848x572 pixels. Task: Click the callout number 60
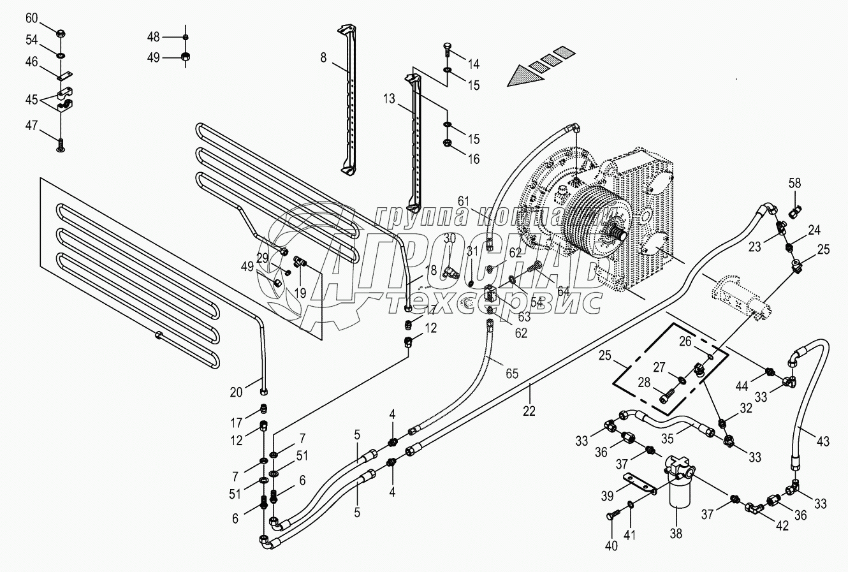point(32,18)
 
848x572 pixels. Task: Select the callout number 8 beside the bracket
point(324,57)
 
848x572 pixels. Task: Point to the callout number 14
point(473,64)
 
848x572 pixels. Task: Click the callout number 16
point(473,159)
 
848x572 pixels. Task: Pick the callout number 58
point(794,184)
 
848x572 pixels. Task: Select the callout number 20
point(237,393)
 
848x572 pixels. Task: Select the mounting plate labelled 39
point(639,483)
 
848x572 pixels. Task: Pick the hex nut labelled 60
point(59,33)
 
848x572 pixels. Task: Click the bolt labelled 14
point(448,48)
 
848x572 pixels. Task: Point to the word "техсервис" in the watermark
point(494,302)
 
